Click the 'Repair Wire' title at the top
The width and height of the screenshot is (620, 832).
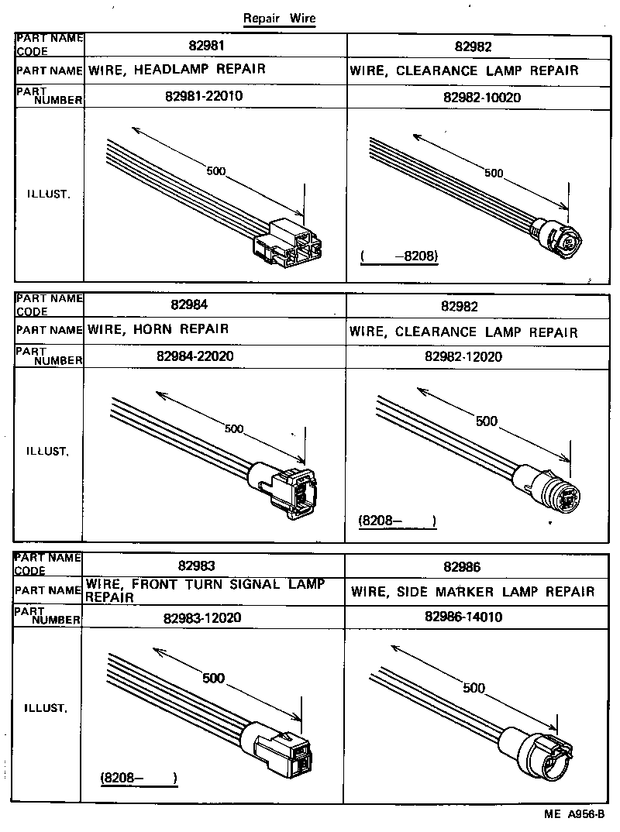pyautogui.click(x=279, y=19)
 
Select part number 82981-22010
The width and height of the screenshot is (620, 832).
pyautogui.click(x=215, y=97)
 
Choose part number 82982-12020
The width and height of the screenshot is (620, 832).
pyautogui.click(x=463, y=356)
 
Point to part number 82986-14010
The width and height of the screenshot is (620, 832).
pyautogui.click(x=463, y=617)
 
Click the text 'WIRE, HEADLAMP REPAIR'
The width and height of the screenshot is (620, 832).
pyautogui.click(x=177, y=70)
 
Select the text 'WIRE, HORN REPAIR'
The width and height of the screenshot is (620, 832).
pyautogui.click(x=158, y=329)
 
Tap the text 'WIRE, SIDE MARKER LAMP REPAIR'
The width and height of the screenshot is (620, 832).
pyautogui.click(x=473, y=592)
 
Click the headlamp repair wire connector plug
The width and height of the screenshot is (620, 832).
pyautogui.click(x=288, y=243)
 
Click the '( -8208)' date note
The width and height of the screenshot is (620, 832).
pyautogui.click(x=400, y=257)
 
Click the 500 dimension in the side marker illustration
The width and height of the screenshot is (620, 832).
pyautogui.click(x=473, y=688)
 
